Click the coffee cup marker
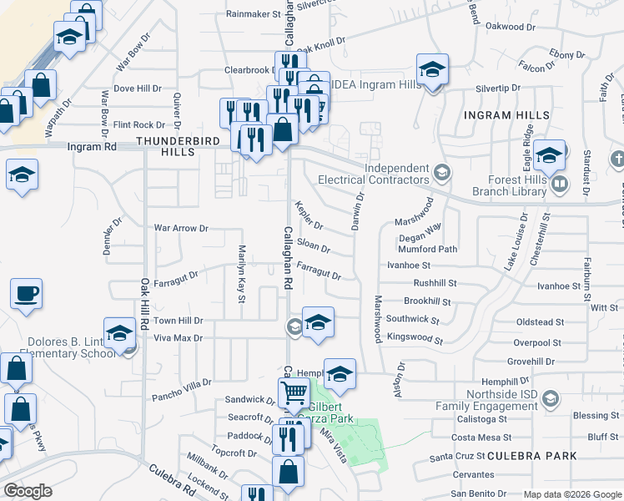tap(26, 294)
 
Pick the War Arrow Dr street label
tap(180, 227)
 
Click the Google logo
tap(28, 491)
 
